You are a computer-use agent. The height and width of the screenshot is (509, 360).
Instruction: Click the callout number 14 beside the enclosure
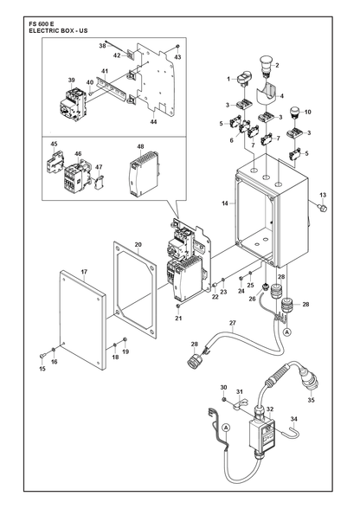225,203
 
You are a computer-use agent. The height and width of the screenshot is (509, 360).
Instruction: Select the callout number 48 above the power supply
140,147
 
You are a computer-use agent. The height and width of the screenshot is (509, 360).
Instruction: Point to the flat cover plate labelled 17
83,319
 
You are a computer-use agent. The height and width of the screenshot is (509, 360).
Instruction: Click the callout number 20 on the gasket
138,244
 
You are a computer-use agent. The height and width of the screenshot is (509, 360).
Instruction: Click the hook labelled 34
291,432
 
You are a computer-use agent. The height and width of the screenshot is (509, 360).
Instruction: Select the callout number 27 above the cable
233,323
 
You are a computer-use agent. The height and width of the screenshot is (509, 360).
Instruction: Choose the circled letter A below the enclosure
286,332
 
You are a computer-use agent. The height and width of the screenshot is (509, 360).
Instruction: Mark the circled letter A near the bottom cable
226,428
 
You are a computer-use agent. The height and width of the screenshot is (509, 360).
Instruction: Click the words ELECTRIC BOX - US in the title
58,31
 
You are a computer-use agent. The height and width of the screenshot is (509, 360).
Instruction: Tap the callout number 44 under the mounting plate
153,122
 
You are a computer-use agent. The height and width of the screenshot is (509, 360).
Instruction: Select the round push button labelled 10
293,113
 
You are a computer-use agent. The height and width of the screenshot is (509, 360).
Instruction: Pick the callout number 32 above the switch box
270,409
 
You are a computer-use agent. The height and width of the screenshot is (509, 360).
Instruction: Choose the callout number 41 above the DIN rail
104,71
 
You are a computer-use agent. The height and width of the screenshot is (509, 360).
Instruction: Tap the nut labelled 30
223,399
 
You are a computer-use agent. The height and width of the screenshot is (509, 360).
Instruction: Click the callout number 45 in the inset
54,144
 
